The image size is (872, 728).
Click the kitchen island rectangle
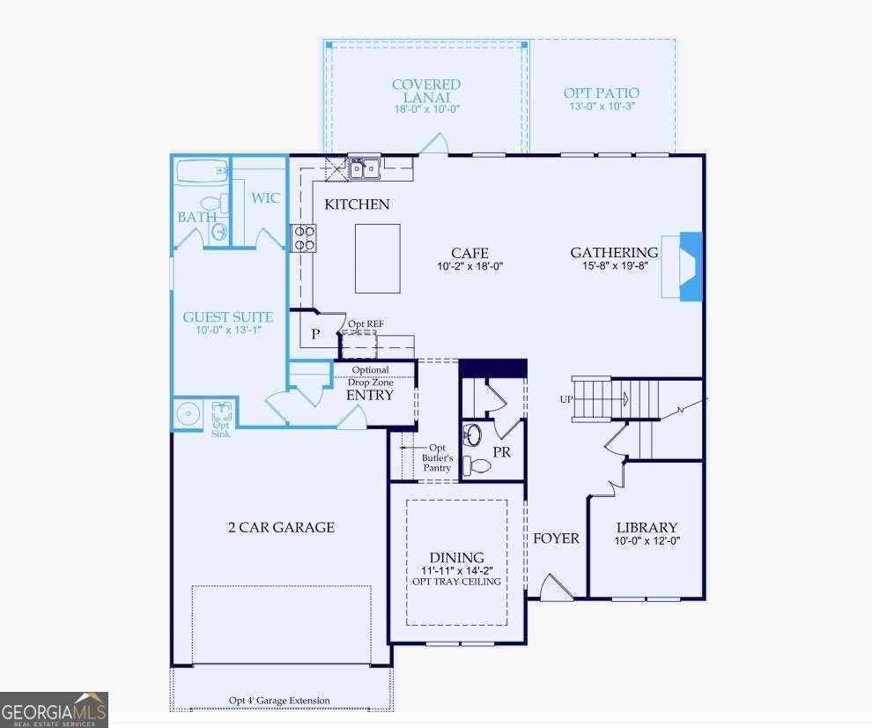click(378, 258)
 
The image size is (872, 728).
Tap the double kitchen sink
click(365, 168)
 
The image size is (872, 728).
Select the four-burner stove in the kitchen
click(304, 238)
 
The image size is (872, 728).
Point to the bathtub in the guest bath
click(203, 172)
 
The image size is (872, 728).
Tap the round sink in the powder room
click(473, 435)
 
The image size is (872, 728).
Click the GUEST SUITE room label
click(228, 317)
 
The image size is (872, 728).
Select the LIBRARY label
click(647, 528)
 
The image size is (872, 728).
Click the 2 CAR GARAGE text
click(281, 527)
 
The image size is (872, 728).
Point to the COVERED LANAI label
click(426, 91)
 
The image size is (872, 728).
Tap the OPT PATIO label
click(602, 93)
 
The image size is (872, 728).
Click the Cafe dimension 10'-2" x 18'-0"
click(470, 266)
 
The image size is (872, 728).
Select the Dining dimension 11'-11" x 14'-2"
click(457, 570)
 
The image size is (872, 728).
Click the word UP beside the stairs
click(566, 399)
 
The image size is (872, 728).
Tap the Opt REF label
click(366, 324)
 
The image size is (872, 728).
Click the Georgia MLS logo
click(54, 710)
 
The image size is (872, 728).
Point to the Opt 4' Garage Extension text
click(280, 700)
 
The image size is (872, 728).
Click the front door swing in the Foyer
click(556, 587)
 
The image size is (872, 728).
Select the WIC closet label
click(265, 198)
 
